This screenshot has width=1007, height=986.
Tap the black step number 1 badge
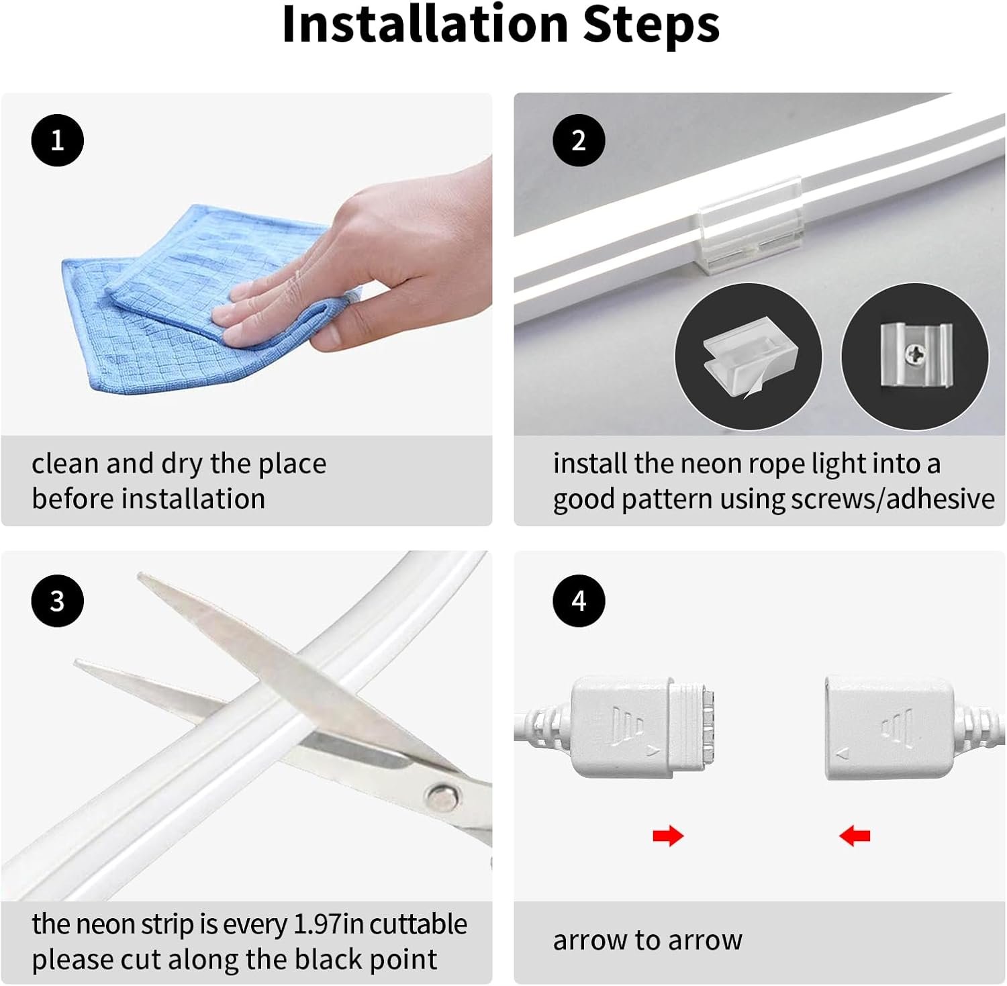click(58, 140)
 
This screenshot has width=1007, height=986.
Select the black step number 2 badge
click(579, 140)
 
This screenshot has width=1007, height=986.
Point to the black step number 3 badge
click(58, 601)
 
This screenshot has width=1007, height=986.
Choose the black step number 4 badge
click(579, 601)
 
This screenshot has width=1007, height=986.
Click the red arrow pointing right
click(668, 836)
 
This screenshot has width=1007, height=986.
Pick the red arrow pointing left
click(855, 836)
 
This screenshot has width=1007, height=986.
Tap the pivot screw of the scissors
click(443, 799)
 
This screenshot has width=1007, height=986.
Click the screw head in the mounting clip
click(914, 354)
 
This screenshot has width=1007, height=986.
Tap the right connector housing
click(890, 728)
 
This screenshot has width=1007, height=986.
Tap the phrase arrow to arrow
click(648, 940)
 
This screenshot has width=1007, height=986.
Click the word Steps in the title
click(651, 26)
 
